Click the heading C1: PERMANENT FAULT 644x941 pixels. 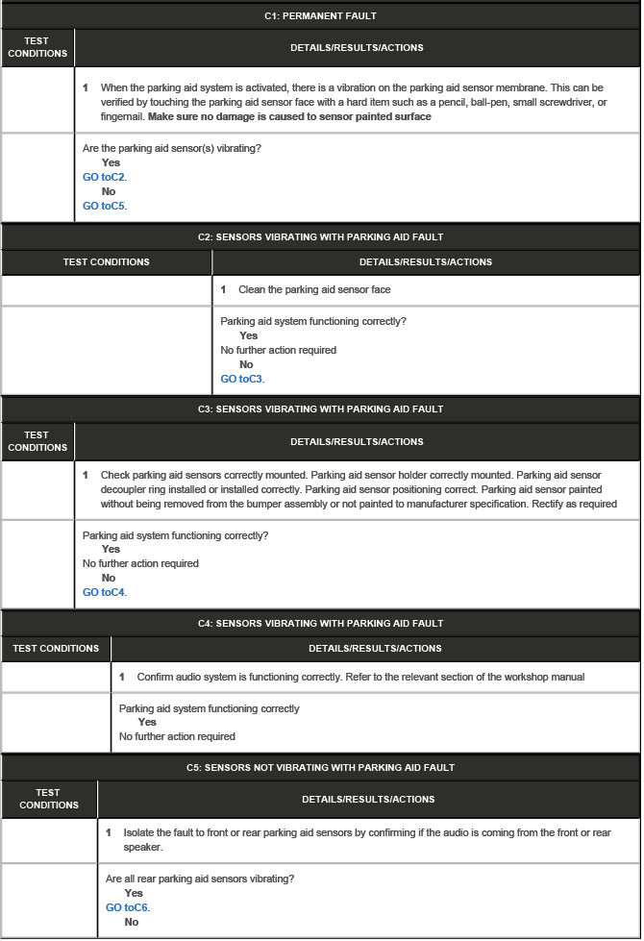[x=320, y=16]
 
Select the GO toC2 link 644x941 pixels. [x=105, y=177]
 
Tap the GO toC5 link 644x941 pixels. [x=105, y=206]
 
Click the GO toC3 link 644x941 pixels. [x=242, y=379]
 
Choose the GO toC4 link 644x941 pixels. [x=105, y=592]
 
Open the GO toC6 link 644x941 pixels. [x=128, y=907]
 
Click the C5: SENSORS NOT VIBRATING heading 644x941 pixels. [x=320, y=767]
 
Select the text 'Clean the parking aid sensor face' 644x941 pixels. [x=314, y=289]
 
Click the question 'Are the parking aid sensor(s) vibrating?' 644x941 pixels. [x=172, y=148]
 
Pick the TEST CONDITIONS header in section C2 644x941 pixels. [x=106, y=261]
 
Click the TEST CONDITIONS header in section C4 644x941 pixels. [x=56, y=648]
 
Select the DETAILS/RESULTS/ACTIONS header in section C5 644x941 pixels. [x=368, y=799]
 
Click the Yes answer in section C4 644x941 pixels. [x=147, y=722]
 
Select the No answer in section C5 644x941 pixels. [x=132, y=922]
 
